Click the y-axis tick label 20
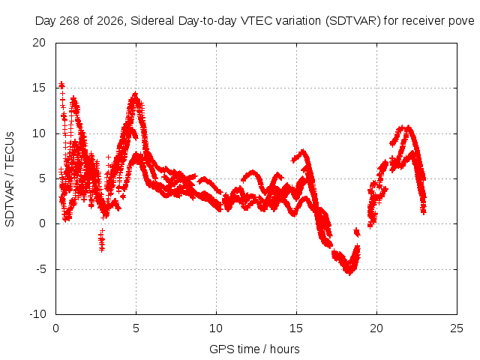pos(39,43)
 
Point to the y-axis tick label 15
pos(39,88)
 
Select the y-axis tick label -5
pos(40,269)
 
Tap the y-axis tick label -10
pos(37,314)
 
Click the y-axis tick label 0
pos(42,223)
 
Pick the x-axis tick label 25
pos(457,328)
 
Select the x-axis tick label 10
pos(216,328)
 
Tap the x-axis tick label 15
pos(296,328)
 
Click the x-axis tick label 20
pos(376,328)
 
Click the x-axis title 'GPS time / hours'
pos(255,349)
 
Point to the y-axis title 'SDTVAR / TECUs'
pos(10,179)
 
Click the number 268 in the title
pos(70,21)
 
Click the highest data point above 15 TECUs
pos(61,83)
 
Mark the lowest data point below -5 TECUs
pos(349,273)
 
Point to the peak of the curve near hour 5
pos(135,94)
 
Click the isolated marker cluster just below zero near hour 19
pos(357,232)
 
